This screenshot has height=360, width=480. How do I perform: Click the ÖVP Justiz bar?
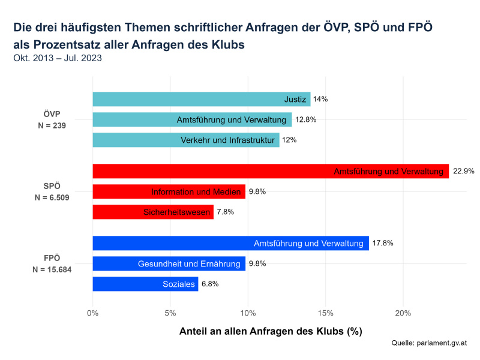click(201, 99)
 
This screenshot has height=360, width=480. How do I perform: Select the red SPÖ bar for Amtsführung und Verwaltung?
click(271, 172)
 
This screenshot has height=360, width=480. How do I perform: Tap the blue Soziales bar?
click(145, 284)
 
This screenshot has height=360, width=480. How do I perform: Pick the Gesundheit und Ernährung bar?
click(169, 263)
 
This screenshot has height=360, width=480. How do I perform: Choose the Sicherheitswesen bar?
click(153, 212)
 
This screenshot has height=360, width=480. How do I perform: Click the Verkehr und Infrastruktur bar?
click(186, 140)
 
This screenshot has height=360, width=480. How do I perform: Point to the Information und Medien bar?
click(169, 192)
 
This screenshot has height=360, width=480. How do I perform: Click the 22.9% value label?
click(464, 172)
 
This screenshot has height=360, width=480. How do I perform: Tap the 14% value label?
click(320, 99)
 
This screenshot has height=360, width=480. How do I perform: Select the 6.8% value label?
click(210, 284)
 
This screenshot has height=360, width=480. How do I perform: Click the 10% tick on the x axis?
click(248, 313)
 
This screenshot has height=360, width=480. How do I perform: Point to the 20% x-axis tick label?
click(403, 313)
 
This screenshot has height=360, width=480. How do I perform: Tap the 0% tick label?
click(93, 313)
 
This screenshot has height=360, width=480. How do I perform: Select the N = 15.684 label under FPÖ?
click(52, 269)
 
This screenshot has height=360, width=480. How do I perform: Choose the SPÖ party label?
click(52, 186)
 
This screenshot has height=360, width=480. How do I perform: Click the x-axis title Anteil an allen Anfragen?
click(271, 331)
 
